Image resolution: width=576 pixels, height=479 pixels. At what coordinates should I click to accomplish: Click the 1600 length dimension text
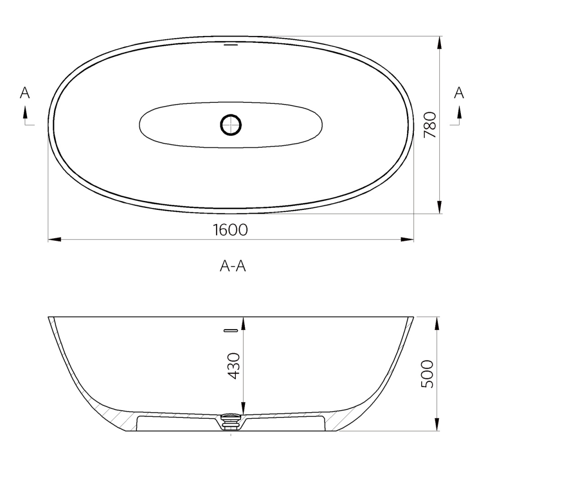coord(230,230)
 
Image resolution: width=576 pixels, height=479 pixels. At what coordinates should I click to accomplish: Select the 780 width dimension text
coord(430,124)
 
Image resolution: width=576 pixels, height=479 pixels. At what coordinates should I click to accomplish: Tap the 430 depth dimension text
coord(234,366)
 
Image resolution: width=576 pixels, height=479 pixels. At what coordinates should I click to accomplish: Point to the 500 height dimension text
coord(427,374)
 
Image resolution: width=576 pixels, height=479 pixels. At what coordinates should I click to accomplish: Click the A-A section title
coord(233,266)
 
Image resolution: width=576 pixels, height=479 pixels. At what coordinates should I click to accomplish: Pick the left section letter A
coord(25,93)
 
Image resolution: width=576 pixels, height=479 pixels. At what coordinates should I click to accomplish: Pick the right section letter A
coord(459,93)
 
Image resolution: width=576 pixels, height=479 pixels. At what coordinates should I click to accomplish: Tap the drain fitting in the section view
coord(231,421)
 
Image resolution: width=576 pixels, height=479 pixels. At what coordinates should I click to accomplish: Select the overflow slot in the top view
coord(230,44)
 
